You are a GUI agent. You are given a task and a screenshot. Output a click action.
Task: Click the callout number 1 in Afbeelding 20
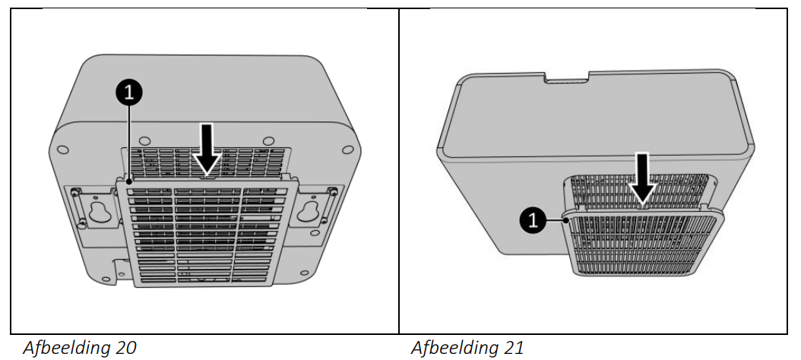(128, 93)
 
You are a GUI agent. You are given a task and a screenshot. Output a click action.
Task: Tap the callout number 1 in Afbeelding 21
(533, 220)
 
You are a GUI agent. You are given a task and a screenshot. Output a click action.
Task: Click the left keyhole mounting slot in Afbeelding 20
(100, 210)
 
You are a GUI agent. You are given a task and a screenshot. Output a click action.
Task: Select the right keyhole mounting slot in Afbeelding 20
(308, 210)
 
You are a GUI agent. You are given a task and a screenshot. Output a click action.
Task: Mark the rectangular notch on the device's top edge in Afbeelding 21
(566, 77)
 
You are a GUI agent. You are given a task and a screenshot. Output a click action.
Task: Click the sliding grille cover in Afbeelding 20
(207, 230)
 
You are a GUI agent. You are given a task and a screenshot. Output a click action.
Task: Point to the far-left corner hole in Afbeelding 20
(63, 150)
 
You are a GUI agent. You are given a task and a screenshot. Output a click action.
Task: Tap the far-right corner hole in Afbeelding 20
(347, 150)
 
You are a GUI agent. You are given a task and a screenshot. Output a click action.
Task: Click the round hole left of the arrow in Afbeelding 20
(144, 140)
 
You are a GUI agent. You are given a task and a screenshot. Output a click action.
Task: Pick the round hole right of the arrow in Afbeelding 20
(267, 140)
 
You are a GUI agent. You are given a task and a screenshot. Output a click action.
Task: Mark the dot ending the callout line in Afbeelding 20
(130, 181)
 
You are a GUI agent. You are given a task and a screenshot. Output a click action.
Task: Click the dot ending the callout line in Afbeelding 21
(566, 220)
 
